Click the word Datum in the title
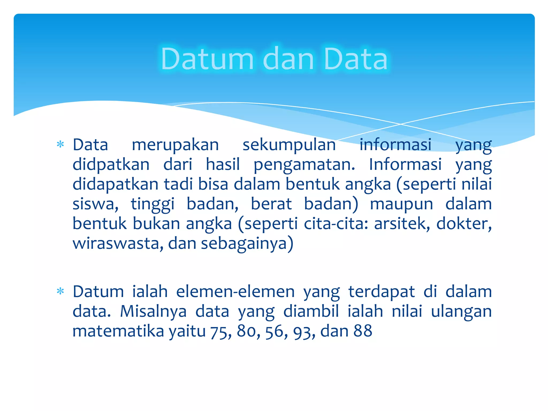[207, 59]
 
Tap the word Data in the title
[356, 59]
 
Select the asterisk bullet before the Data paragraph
[60, 145]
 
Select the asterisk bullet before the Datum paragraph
[60, 291]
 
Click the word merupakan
[175, 145]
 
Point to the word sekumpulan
[289, 145]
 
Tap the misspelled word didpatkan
[111, 165]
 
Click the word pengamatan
[304, 165]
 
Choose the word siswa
[95, 204]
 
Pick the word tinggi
[153, 204]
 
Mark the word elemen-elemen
[235, 291]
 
